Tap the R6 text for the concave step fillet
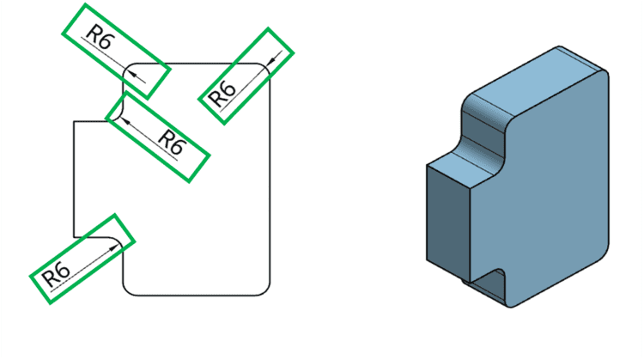click(x=172, y=143)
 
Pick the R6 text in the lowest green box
click(x=57, y=276)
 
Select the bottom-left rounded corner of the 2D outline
click(x=129, y=289)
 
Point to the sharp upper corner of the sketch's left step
click(x=75, y=122)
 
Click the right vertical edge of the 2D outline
click(x=273, y=180)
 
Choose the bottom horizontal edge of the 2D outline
click(x=197, y=295)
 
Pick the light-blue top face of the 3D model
click(x=532, y=86)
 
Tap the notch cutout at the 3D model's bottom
click(x=486, y=284)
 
